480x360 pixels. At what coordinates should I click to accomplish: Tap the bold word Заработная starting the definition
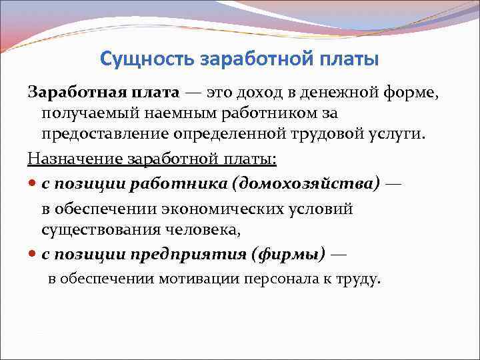pos(65,91)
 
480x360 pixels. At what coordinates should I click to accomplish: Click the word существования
pos(93,229)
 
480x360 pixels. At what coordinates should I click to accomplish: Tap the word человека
pos(205,229)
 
